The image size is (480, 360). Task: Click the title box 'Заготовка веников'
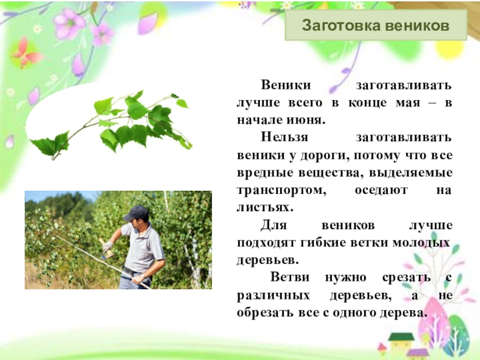375,26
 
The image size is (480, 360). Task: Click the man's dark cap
136,212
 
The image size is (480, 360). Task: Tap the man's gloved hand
108,246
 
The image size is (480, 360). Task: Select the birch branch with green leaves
120,123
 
